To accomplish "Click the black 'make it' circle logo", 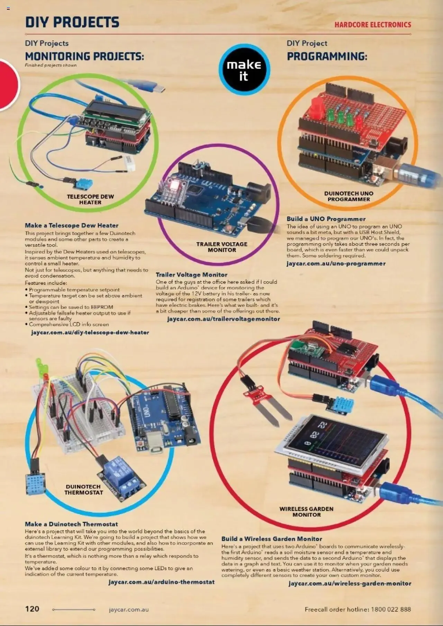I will click(x=244, y=69).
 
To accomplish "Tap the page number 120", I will click(x=32, y=608).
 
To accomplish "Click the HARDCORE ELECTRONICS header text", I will click(x=372, y=25).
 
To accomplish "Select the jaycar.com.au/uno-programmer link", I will click(x=336, y=263).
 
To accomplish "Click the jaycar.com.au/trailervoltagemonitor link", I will click(x=223, y=319).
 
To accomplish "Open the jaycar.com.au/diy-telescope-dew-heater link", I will click(x=90, y=332).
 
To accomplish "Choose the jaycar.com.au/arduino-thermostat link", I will click(x=161, y=582).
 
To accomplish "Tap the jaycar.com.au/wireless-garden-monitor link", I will click(x=350, y=583).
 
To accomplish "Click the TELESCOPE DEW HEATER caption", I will click(x=90, y=199).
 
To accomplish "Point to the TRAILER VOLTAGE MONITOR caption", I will click(x=222, y=247).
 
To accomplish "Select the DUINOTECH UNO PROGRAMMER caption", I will click(x=349, y=196).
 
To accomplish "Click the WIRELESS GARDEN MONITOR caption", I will click(x=306, y=511).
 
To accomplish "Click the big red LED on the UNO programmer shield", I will click(x=316, y=108).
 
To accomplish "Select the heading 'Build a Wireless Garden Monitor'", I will click(x=272, y=539).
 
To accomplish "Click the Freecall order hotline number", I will click(x=391, y=609).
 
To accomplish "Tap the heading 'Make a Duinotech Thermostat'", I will click(x=71, y=524).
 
